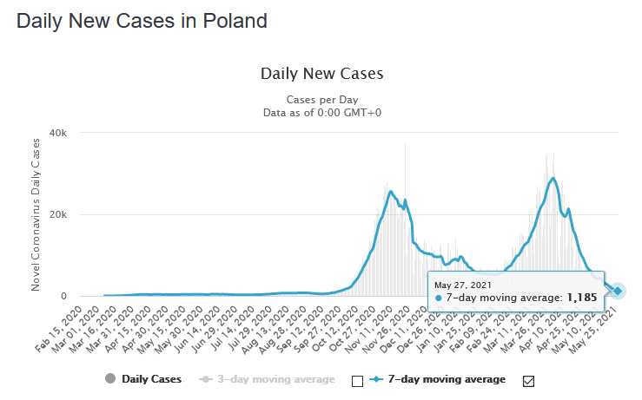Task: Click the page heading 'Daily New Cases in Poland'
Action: (x=142, y=19)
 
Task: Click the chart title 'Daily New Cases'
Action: (x=321, y=74)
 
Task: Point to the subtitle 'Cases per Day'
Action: (x=321, y=99)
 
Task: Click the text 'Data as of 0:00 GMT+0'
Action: (x=321, y=112)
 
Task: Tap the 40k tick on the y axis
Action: (x=59, y=133)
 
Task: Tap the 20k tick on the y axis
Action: (x=59, y=214)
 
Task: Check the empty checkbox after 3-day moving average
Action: (x=356, y=380)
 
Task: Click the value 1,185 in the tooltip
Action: (x=582, y=298)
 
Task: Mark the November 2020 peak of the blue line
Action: (x=391, y=191)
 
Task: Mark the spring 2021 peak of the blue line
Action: (x=553, y=178)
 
